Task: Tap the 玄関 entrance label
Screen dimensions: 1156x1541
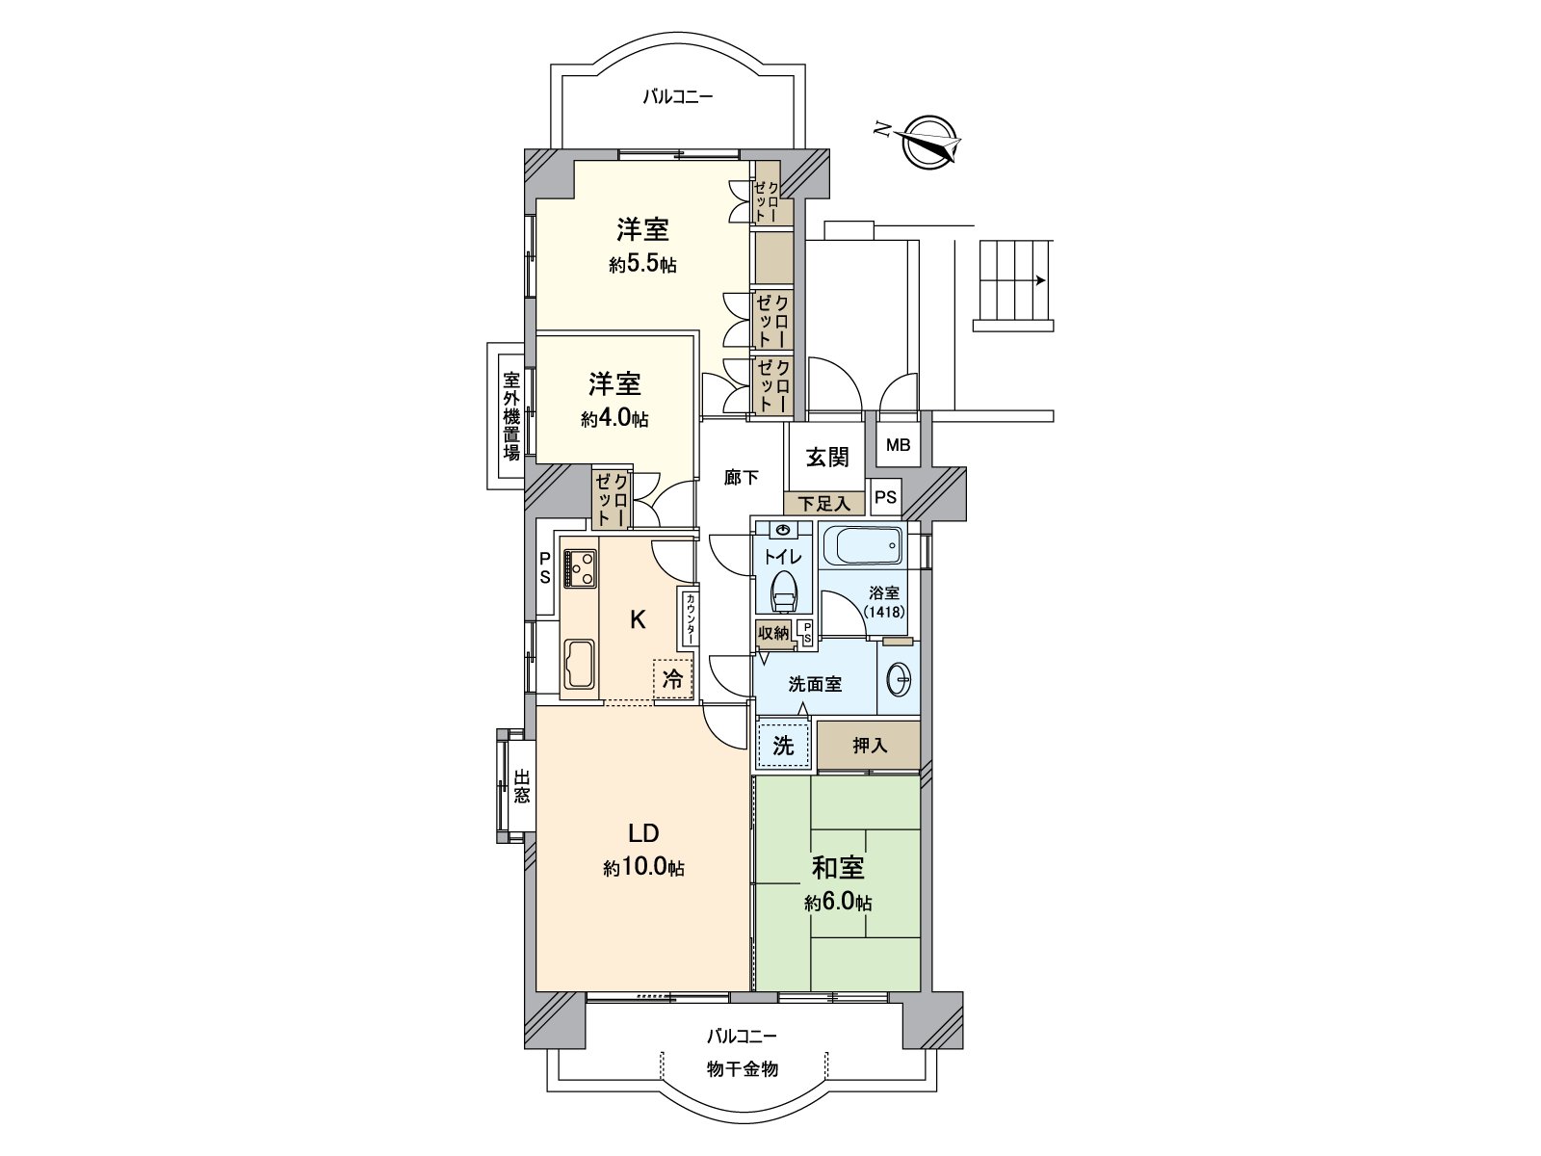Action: click(x=827, y=457)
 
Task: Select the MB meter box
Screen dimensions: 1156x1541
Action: click(x=897, y=446)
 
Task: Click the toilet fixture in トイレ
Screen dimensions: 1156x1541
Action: click(x=783, y=591)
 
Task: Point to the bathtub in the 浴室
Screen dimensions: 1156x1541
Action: click(x=863, y=549)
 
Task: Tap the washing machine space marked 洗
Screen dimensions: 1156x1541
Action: click(x=783, y=745)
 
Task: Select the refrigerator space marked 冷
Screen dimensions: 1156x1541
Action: click(x=673, y=678)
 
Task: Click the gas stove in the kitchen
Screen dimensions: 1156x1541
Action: click(x=579, y=567)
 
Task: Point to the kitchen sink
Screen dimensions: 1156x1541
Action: click(x=580, y=664)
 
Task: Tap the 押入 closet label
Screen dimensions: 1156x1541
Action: click(x=869, y=746)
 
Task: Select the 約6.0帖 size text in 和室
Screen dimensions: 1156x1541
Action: click(x=838, y=904)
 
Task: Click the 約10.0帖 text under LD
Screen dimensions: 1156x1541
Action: click(x=643, y=868)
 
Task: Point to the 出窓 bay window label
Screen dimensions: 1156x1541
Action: click(x=521, y=787)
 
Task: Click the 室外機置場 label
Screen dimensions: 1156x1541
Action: click(x=510, y=417)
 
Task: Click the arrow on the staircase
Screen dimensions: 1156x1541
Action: click(x=1039, y=281)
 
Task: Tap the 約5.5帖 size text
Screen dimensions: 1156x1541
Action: click(x=642, y=264)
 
